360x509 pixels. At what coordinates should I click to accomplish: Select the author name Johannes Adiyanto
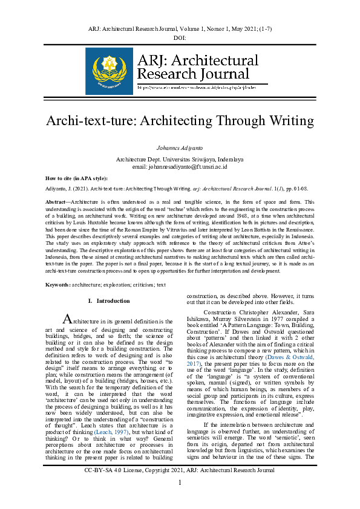click(180, 148)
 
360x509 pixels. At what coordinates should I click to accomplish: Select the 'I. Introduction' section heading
click(108, 300)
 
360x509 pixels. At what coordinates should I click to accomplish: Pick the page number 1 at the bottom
click(180, 499)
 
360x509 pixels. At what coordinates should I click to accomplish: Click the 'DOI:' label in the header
click(179, 38)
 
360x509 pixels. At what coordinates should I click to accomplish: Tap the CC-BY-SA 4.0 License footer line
click(180, 486)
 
